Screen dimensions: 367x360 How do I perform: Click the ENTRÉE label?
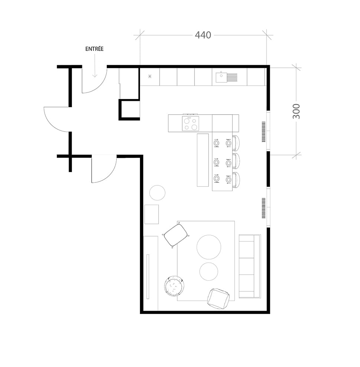(x=94, y=49)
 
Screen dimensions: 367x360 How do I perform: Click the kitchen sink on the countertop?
(x=222, y=77)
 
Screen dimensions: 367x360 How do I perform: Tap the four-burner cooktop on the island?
(x=190, y=123)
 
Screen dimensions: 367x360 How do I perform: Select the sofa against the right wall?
(x=249, y=266)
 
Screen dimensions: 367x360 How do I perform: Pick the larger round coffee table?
(x=209, y=247)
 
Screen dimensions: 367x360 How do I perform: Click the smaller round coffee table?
(x=209, y=271)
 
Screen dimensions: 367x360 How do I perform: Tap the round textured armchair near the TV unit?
(x=174, y=286)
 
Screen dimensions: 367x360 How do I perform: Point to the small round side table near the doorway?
(x=157, y=193)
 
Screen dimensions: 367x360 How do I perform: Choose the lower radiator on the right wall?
(x=264, y=208)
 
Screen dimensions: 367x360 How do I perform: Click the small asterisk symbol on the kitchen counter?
(x=150, y=77)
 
